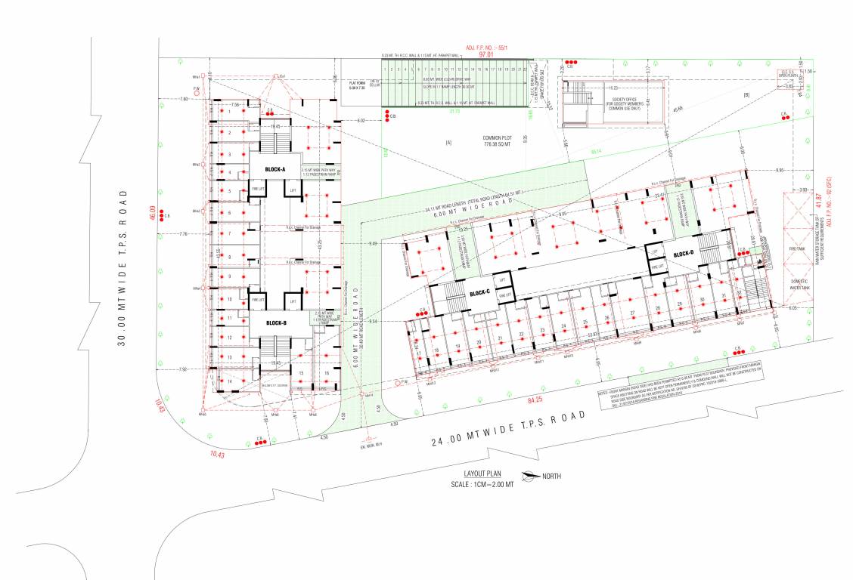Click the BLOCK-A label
coord(274,169)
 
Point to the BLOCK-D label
coord(683,254)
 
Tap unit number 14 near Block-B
coord(229,381)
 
